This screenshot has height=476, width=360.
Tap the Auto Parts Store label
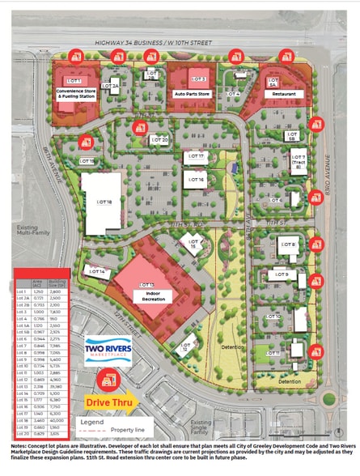pos(193,94)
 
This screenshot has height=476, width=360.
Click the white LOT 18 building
pos(100,202)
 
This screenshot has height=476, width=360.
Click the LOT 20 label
pos(159,140)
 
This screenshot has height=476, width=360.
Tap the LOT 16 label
pos(196,178)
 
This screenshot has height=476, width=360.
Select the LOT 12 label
pos(185,348)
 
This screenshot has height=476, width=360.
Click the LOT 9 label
pos(281,275)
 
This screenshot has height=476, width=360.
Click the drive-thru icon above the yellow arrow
pos(104,378)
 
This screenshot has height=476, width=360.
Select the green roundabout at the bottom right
pos(328,398)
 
